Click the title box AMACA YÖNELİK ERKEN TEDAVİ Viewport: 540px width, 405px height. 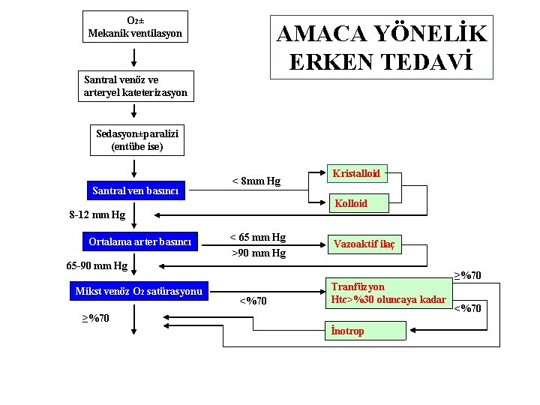(x=382, y=47)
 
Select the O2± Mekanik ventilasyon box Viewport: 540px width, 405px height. (x=135, y=27)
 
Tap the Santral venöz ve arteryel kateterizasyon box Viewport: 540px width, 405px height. (x=136, y=87)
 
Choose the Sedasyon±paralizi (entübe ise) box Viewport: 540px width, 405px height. (x=136, y=140)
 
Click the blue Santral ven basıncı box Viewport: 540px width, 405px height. (x=135, y=190)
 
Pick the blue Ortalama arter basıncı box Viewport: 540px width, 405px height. (x=139, y=241)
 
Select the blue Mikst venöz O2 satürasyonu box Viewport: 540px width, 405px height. (x=139, y=291)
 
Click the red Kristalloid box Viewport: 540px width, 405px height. (x=357, y=174)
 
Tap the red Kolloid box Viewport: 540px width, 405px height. (x=351, y=203)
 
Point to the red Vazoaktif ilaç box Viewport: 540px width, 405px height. (x=364, y=244)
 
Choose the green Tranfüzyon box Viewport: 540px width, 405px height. (x=389, y=293)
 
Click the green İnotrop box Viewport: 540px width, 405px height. (x=365, y=331)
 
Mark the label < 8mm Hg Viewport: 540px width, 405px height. (x=256, y=181)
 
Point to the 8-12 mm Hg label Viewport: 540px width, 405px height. (x=97, y=215)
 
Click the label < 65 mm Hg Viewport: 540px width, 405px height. (x=257, y=238)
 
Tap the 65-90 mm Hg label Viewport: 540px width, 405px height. (x=97, y=265)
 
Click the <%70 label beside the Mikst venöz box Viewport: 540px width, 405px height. (x=253, y=301)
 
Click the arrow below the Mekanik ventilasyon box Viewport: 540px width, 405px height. (x=134, y=57)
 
